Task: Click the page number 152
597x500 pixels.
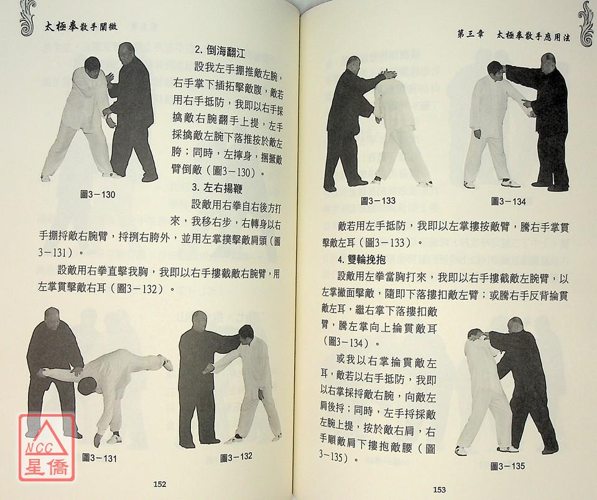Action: [x=160, y=484]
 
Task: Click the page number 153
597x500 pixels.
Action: [x=439, y=489]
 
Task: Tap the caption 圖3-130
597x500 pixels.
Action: [x=98, y=195]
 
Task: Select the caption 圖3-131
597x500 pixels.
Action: [x=99, y=458]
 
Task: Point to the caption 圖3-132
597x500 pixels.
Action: [x=236, y=457]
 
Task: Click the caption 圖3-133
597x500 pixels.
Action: [x=378, y=201]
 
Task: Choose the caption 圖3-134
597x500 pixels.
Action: [x=508, y=201]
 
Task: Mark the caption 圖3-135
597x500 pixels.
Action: [x=507, y=466]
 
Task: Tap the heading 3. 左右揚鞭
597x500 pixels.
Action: [x=217, y=188]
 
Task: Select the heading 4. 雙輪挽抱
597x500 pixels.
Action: [x=361, y=260]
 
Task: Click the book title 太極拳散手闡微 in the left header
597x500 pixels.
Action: [x=81, y=27]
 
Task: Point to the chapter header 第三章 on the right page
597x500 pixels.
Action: [x=471, y=34]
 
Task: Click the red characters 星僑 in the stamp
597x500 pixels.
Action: [x=47, y=465]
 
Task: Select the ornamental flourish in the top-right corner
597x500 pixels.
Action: [x=586, y=24]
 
